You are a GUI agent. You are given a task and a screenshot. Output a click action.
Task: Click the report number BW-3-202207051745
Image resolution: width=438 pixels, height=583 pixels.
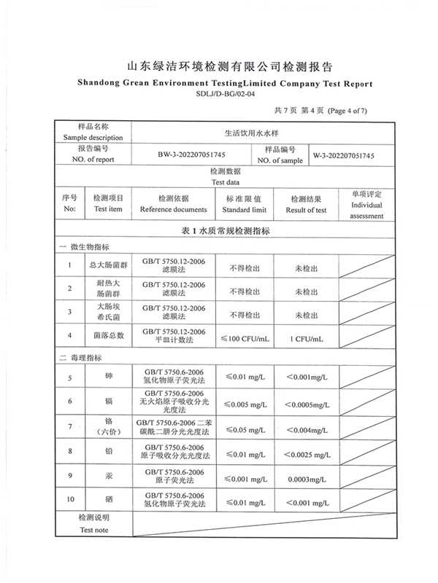coord(191,156)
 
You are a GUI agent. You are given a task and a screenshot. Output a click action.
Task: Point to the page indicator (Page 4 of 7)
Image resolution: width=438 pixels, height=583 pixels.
coord(348,111)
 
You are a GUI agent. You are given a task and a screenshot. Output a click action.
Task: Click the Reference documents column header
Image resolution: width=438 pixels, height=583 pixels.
coord(174,209)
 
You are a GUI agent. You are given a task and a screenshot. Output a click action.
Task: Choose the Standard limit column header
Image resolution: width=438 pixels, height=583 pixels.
coord(245,209)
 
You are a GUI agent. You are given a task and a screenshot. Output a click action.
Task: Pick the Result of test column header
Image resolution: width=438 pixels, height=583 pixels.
coord(306,210)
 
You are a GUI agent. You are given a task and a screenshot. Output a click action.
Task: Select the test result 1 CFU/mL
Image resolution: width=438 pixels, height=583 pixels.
coord(306,338)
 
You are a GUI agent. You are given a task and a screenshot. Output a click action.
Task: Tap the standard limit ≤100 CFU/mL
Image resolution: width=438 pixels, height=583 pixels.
coord(245,338)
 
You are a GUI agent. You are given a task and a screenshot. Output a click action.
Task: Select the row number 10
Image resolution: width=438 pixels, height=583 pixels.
coord(70,500)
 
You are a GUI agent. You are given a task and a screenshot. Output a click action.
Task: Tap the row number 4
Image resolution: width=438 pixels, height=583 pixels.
coord(70,336)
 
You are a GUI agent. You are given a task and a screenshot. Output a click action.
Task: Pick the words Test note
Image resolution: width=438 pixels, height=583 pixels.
coord(94,531)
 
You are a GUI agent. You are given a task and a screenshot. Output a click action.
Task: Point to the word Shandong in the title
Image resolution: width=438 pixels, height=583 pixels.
coord(101,84)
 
